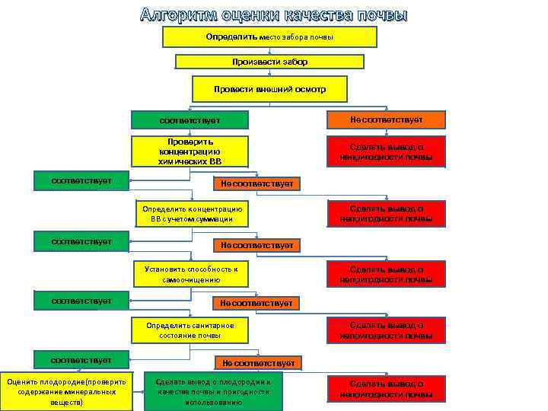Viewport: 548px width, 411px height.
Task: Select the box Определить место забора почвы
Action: (x=269, y=37)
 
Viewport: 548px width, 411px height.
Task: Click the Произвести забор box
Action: (x=269, y=62)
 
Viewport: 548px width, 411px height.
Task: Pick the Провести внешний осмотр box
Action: (x=269, y=89)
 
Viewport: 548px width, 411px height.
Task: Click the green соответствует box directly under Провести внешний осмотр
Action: (x=190, y=120)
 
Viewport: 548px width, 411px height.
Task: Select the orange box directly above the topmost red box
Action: (x=386, y=119)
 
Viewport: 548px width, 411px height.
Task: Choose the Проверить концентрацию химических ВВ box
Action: (x=190, y=151)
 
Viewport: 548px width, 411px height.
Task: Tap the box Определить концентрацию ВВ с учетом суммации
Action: (x=191, y=214)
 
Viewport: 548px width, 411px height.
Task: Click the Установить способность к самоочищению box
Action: (x=191, y=274)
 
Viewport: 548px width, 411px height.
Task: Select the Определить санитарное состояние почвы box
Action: (x=190, y=330)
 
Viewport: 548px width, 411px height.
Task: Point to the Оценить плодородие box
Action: (x=67, y=391)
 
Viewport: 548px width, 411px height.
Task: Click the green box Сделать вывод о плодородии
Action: (x=213, y=391)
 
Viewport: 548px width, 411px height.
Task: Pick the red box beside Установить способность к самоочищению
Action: (x=386, y=274)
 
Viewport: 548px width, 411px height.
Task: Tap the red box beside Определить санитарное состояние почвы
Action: (x=386, y=330)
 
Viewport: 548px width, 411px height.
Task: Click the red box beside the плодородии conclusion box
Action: (x=386, y=390)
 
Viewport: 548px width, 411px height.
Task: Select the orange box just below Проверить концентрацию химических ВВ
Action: (x=256, y=184)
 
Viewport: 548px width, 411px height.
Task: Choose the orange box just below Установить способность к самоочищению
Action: (x=256, y=303)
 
